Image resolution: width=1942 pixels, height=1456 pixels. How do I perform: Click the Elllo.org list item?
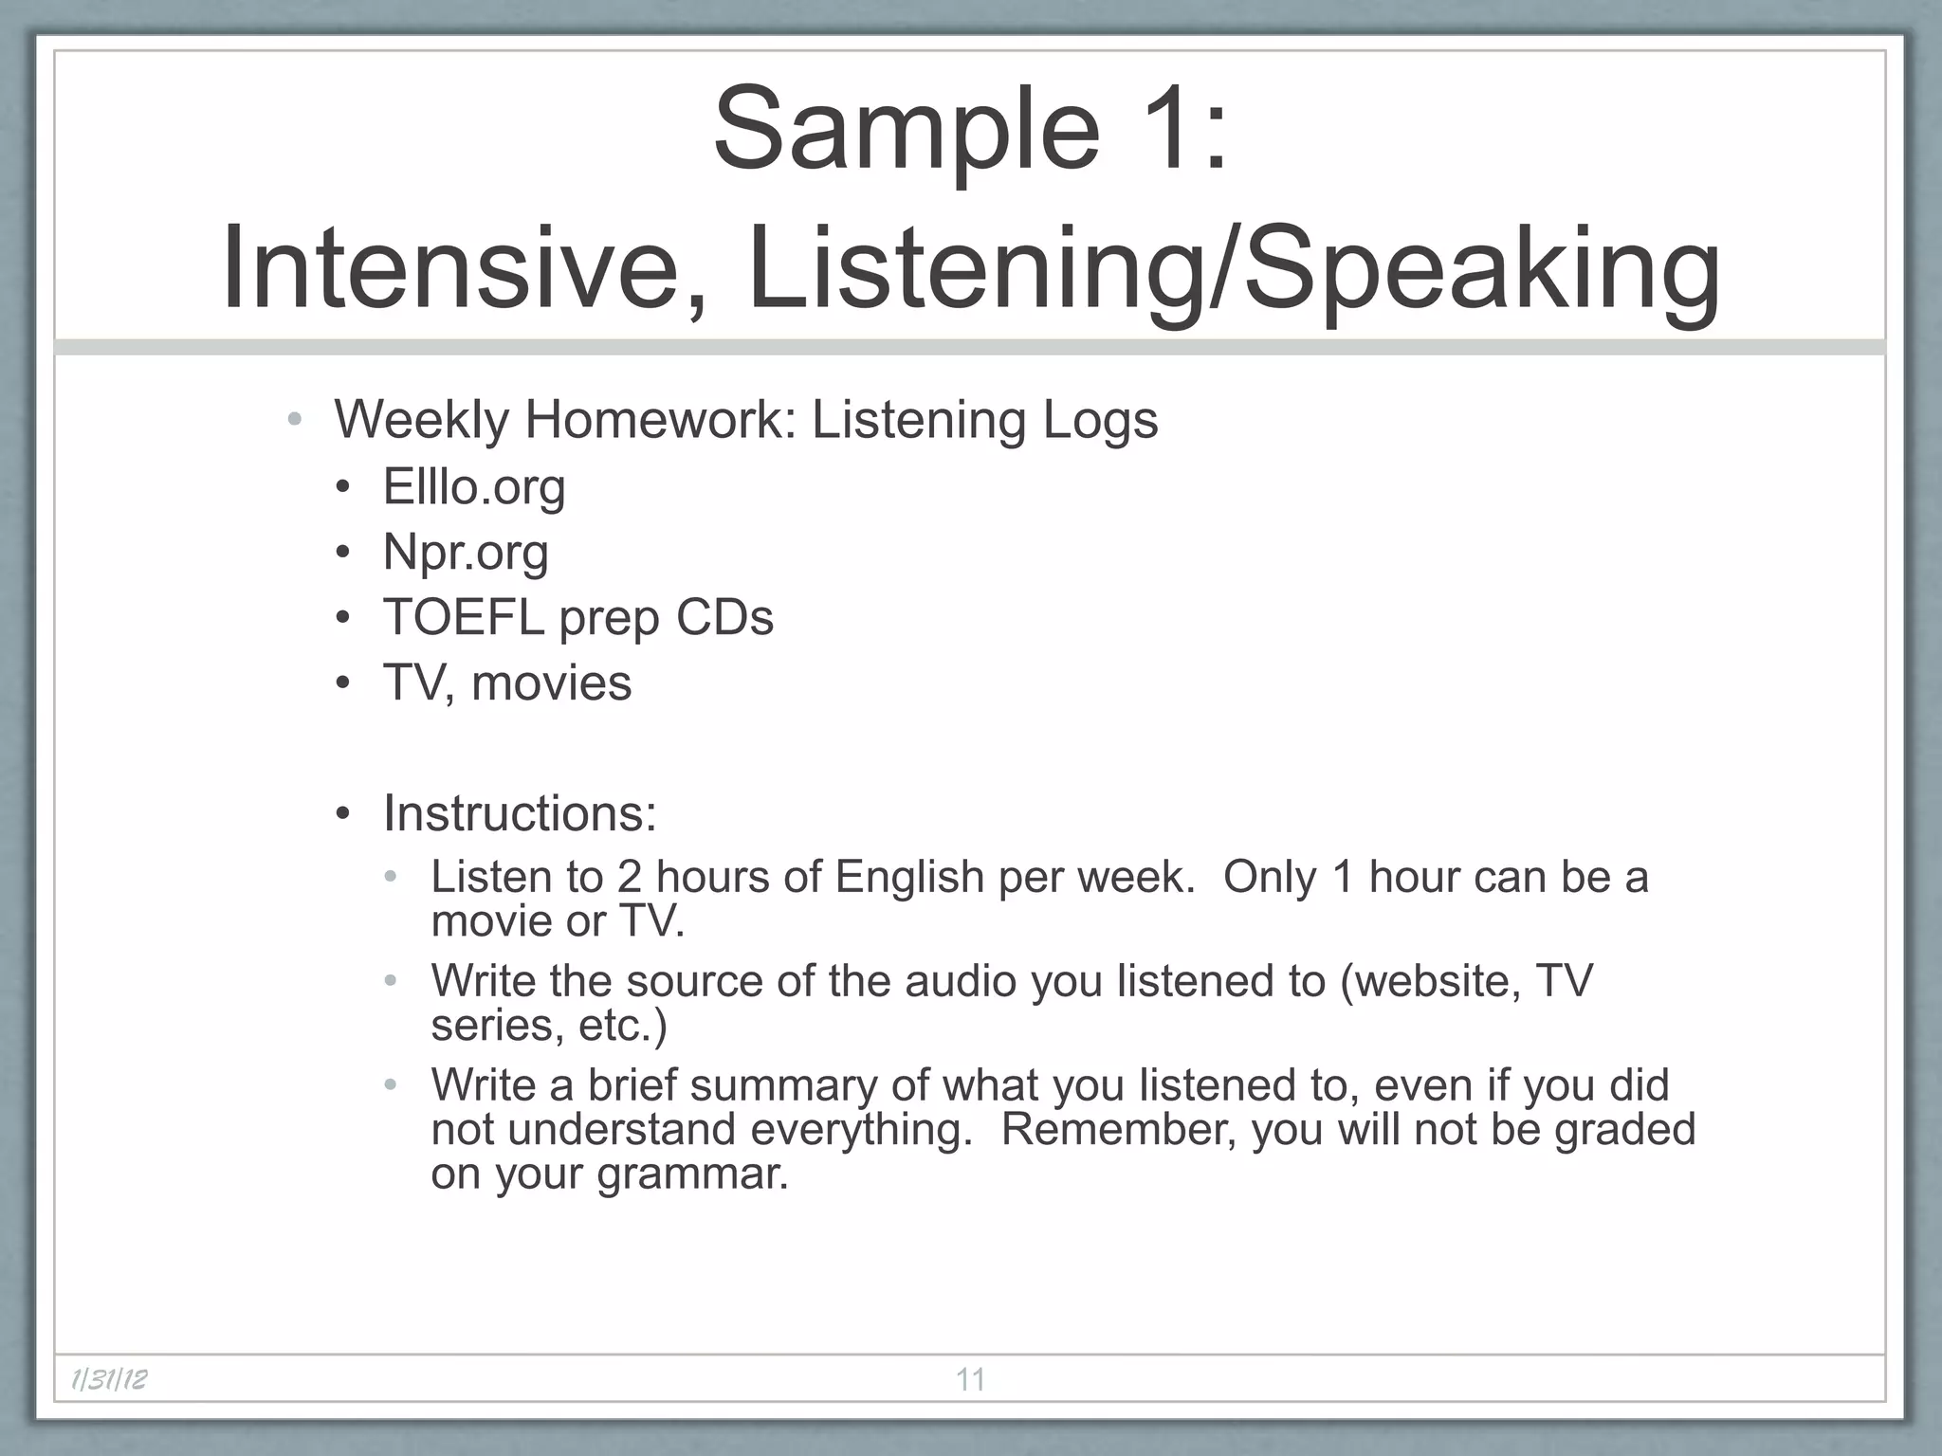pos(473,487)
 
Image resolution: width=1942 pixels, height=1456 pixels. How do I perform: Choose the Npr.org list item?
pos(465,553)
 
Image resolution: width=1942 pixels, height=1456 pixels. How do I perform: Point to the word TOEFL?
pos(463,617)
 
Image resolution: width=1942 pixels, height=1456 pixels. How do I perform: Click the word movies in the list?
pos(551,682)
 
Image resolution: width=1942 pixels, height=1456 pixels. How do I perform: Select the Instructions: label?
pos(519,813)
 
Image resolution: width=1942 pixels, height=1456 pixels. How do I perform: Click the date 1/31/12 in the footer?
pos(110,1379)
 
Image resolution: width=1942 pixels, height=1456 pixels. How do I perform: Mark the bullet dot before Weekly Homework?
pos(295,420)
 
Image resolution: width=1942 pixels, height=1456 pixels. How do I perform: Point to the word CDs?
pos(724,617)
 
